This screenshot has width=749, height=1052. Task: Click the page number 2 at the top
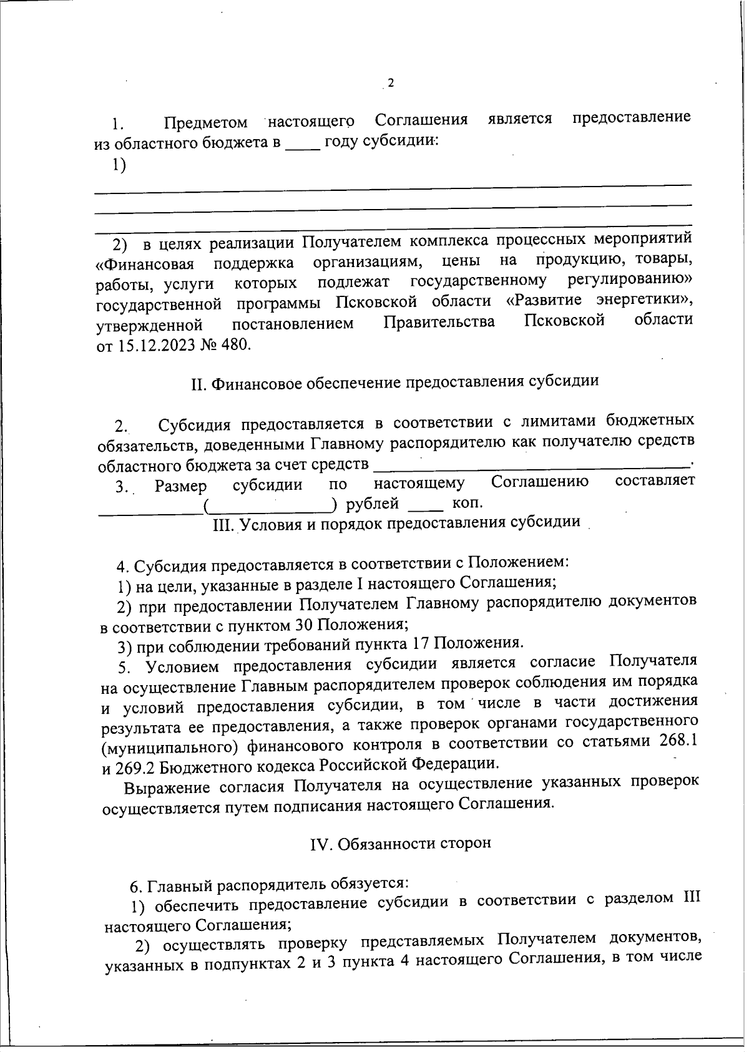[391, 84]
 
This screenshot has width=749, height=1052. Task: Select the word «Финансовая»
[145, 263]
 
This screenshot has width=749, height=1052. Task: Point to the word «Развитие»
[544, 300]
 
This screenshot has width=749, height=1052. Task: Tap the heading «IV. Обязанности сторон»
[400, 843]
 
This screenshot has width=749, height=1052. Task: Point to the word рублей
[372, 503]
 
